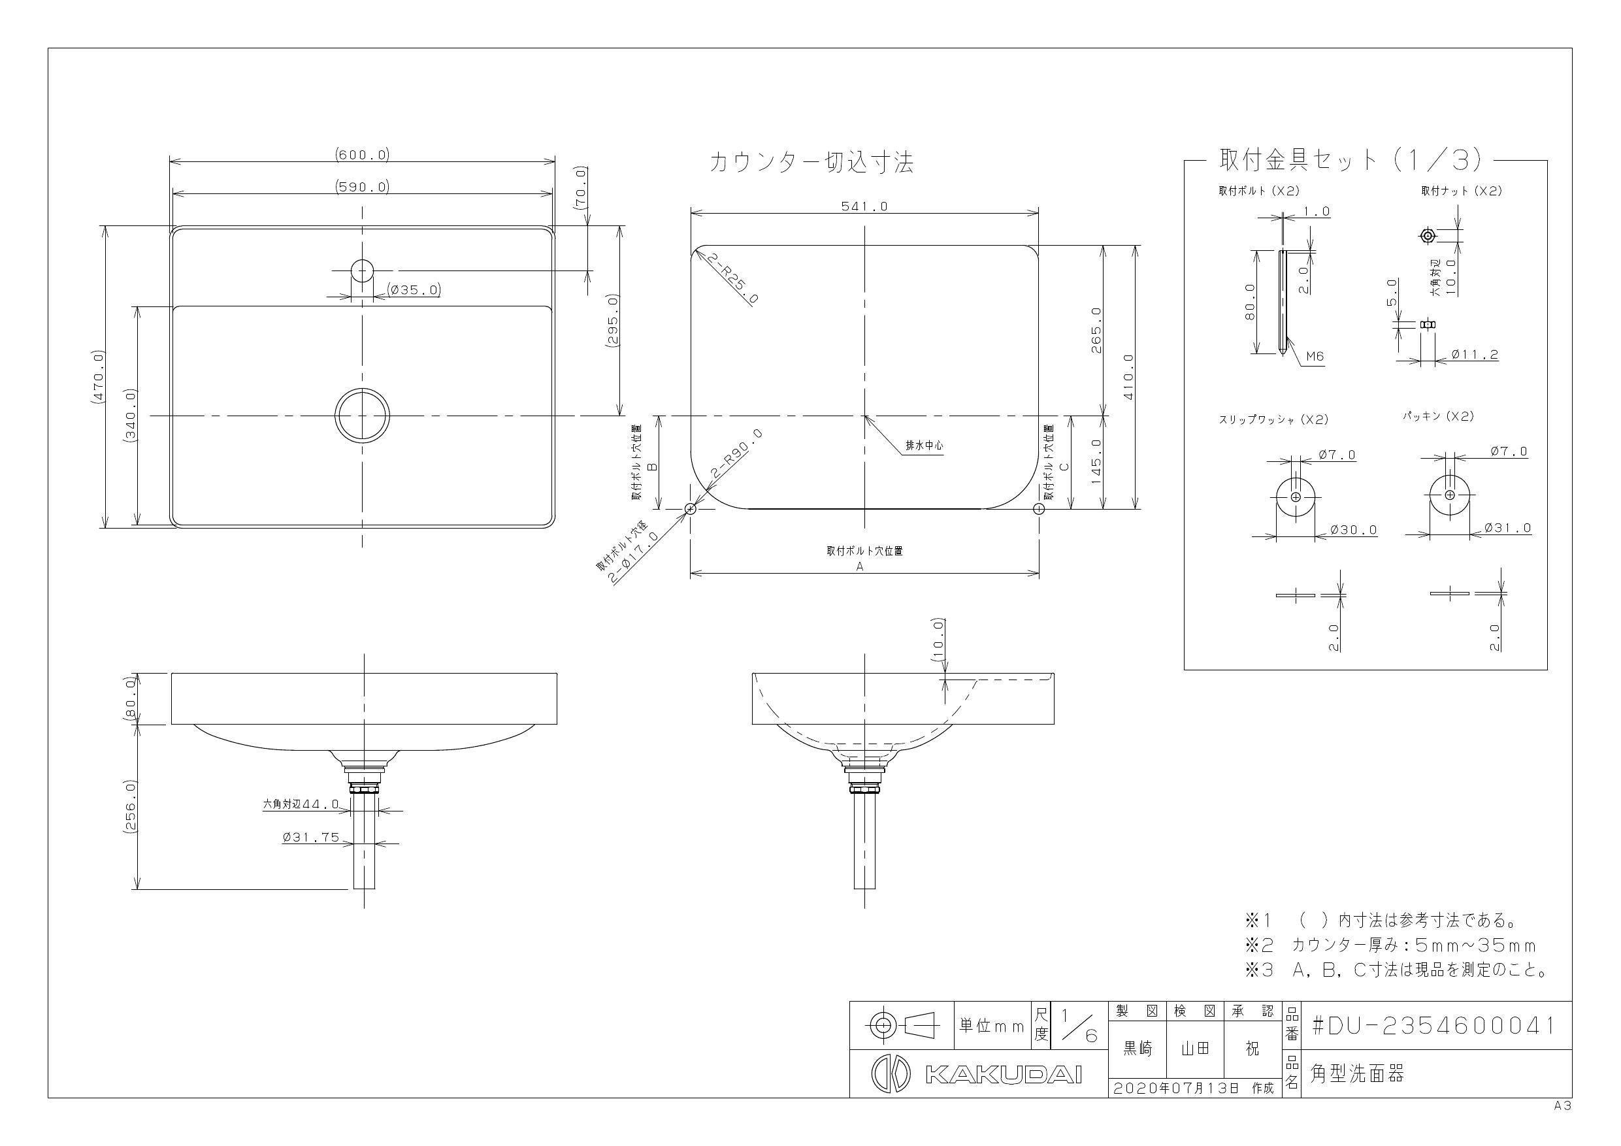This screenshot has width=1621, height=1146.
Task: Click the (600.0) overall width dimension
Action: pyautogui.click(x=362, y=155)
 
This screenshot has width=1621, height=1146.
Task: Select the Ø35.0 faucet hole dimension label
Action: pyautogui.click(x=414, y=289)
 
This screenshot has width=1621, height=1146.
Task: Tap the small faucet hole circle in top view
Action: pyautogui.click(x=362, y=270)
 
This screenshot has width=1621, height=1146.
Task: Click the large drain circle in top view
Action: pyautogui.click(x=362, y=416)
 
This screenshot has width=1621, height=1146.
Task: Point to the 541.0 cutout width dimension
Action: pyautogui.click(x=864, y=206)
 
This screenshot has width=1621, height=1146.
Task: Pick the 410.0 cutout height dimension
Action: pyautogui.click(x=1128, y=377)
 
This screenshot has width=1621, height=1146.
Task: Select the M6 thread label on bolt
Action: pyautogui.click(x=1315, y=357)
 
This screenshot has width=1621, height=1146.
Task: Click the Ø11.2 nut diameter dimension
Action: pyautogui.click(x=1474, y=355)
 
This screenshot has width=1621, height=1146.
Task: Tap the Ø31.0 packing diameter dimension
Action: pyautogui.click(x=1507, y=527)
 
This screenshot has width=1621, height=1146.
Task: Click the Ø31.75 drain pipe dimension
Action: pyautogui.click(x=310, y=838)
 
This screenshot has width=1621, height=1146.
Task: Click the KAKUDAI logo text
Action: pyautogui.click(x=1003, y=1075)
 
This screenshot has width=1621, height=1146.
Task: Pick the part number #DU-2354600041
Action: pyautogui.click(x=1433, y=1026)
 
